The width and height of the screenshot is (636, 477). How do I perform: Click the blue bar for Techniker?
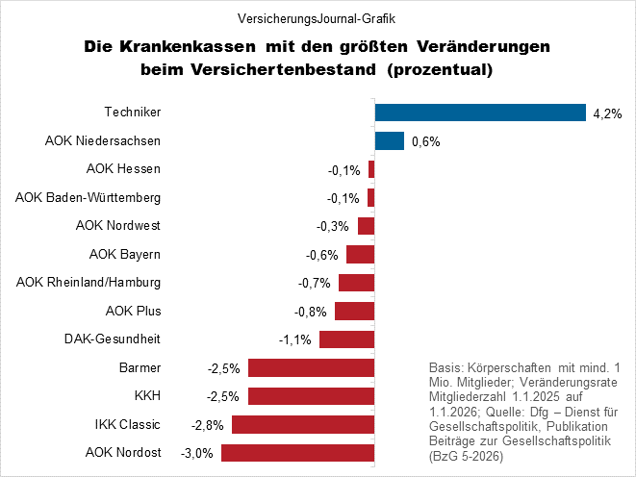480,113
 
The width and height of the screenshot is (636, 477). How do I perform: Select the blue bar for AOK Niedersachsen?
389,141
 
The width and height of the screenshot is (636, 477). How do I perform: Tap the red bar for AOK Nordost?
297,452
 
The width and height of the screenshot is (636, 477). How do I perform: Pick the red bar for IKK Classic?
302,424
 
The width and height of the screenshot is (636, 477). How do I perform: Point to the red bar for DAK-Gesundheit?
346,339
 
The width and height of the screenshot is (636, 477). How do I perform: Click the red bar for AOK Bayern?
360,255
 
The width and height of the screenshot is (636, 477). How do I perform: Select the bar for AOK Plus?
354,311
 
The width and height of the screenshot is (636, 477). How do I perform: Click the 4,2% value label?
608,113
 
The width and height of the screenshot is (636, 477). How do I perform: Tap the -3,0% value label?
196,453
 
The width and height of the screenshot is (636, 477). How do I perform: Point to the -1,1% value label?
293,339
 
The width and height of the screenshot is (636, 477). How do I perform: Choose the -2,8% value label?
208,424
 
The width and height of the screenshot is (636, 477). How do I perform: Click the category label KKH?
146,395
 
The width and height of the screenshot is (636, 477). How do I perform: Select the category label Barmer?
140,367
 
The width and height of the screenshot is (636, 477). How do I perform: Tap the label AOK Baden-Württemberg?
88,197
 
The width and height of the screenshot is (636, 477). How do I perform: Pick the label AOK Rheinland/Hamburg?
89,282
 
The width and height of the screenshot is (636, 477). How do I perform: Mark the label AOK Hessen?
123,169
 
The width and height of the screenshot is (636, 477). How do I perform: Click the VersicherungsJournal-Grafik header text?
317,18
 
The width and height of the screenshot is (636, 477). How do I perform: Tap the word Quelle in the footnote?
500,408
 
